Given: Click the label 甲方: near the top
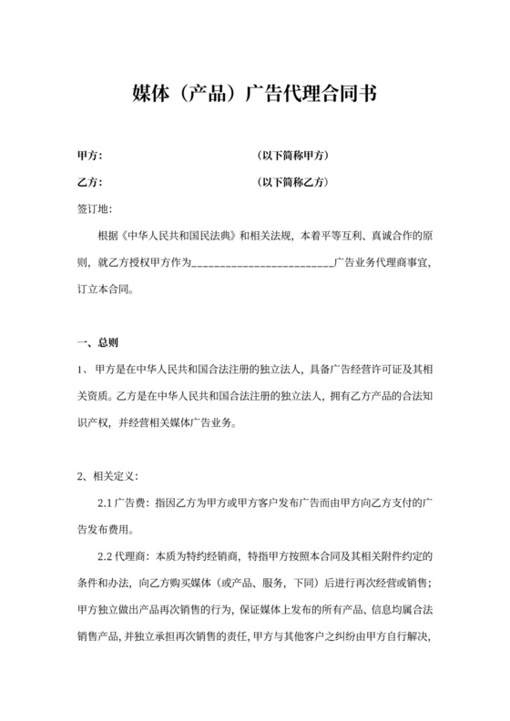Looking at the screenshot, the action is click(89, 156).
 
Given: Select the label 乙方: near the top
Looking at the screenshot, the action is click(89, 182).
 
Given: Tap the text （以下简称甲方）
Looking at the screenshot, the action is click(293, 156).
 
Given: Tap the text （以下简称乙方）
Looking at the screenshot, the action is click(293, 182).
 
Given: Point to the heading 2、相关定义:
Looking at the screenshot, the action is click(106, 474).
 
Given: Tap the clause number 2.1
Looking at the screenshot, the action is click(105, 503).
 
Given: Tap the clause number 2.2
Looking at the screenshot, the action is click(105, 555).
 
